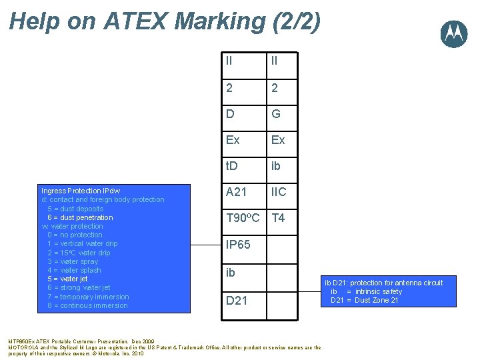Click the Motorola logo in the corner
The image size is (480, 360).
click(x=453, y=33)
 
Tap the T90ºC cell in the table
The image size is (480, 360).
click(x=243, y=218)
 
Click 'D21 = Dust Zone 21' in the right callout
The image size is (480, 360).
click(x=365, y=300)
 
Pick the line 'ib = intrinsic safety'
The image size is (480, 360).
click(x=366, y=291)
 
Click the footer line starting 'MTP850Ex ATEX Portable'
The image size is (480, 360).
click(x=81, y=341)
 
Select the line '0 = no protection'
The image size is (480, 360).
click(x=75, y=235)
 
